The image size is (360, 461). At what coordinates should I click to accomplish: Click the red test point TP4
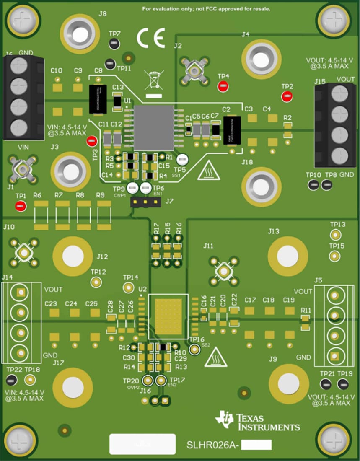click(223, 87)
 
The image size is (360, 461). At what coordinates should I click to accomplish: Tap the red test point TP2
click(287, 96)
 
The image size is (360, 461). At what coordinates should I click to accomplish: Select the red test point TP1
click(20, 206)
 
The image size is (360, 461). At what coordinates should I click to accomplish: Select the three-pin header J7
click(145, 202)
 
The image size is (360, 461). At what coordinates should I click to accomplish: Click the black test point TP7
click(114, 43)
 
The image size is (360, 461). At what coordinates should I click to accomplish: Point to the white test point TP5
click(182, 159)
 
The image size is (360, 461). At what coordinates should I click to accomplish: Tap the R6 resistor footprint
click(41, 215)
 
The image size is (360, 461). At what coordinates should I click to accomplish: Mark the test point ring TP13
click(335, 234)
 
